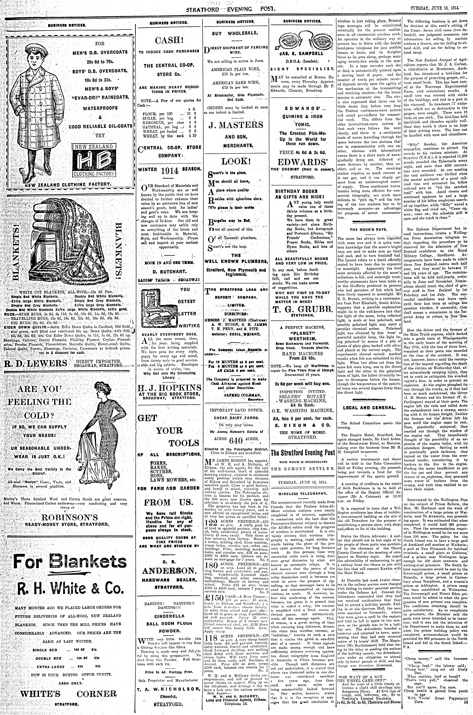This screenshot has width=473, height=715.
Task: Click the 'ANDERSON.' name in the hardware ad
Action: click(170, 570)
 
